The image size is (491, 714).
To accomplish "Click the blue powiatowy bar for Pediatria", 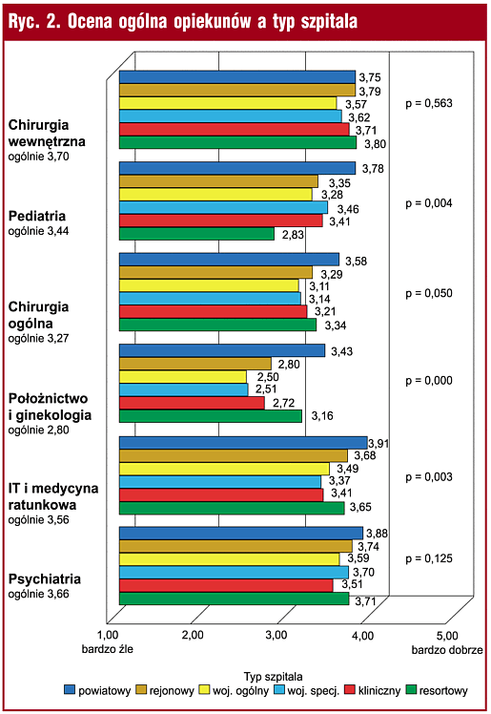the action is [x=237, y=168].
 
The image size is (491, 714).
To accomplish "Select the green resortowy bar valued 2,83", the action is [x=196, y=234].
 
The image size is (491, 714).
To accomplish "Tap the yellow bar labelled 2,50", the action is [x=183, y=377].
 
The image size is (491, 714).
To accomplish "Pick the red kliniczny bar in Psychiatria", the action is [x=226, y=585].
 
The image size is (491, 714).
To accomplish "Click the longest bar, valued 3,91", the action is [x=243, y=443].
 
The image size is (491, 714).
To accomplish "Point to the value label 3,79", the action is [x=370, y=91].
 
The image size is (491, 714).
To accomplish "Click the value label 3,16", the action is [x=322, y=416].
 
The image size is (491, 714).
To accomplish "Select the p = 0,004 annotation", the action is [x=429, y=203].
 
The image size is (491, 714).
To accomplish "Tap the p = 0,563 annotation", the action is [x=429, y=103].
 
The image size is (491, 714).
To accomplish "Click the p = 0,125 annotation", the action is [x=429, y=558].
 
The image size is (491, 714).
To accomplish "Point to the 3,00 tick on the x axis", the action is [x=276, y=635].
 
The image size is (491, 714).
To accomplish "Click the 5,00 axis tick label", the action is [x=447, y=636].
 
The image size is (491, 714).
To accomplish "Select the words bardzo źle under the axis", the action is [x=108, y=649].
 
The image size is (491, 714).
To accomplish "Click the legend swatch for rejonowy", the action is [x=141, y=690].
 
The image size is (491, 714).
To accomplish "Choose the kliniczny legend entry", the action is [x=373, y=690].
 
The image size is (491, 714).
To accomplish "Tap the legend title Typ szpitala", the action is [x=273, y=677].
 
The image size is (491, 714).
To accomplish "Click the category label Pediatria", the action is [x=37, y=216].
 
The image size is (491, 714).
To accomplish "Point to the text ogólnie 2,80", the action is [x=39, y=430].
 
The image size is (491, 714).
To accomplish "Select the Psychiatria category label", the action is [x=45, y=579].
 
